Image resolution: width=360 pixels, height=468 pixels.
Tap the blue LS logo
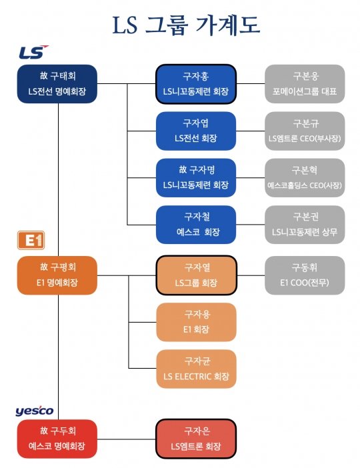click(33, 53)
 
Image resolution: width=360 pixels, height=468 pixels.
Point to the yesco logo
click(35, 411)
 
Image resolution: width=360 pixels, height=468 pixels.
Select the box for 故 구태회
click(58, 84)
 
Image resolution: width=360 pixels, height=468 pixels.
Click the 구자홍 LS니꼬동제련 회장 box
click(195, 84)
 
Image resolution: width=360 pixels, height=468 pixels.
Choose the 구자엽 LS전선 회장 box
click(195, 131)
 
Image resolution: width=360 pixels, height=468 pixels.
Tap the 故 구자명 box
click(195, 178)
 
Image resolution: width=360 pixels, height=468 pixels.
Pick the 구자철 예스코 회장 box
click(195, 225)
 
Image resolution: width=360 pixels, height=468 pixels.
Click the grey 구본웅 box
click(305, 84)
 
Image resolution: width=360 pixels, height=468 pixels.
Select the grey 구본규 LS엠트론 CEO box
click(305, 131)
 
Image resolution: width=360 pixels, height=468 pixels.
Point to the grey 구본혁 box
click(305, 178)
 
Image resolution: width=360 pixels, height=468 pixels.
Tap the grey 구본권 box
click(305, 225)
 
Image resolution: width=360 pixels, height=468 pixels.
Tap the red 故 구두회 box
click(58, 439)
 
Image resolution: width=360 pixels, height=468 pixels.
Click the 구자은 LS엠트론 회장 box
click(195, 439)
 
